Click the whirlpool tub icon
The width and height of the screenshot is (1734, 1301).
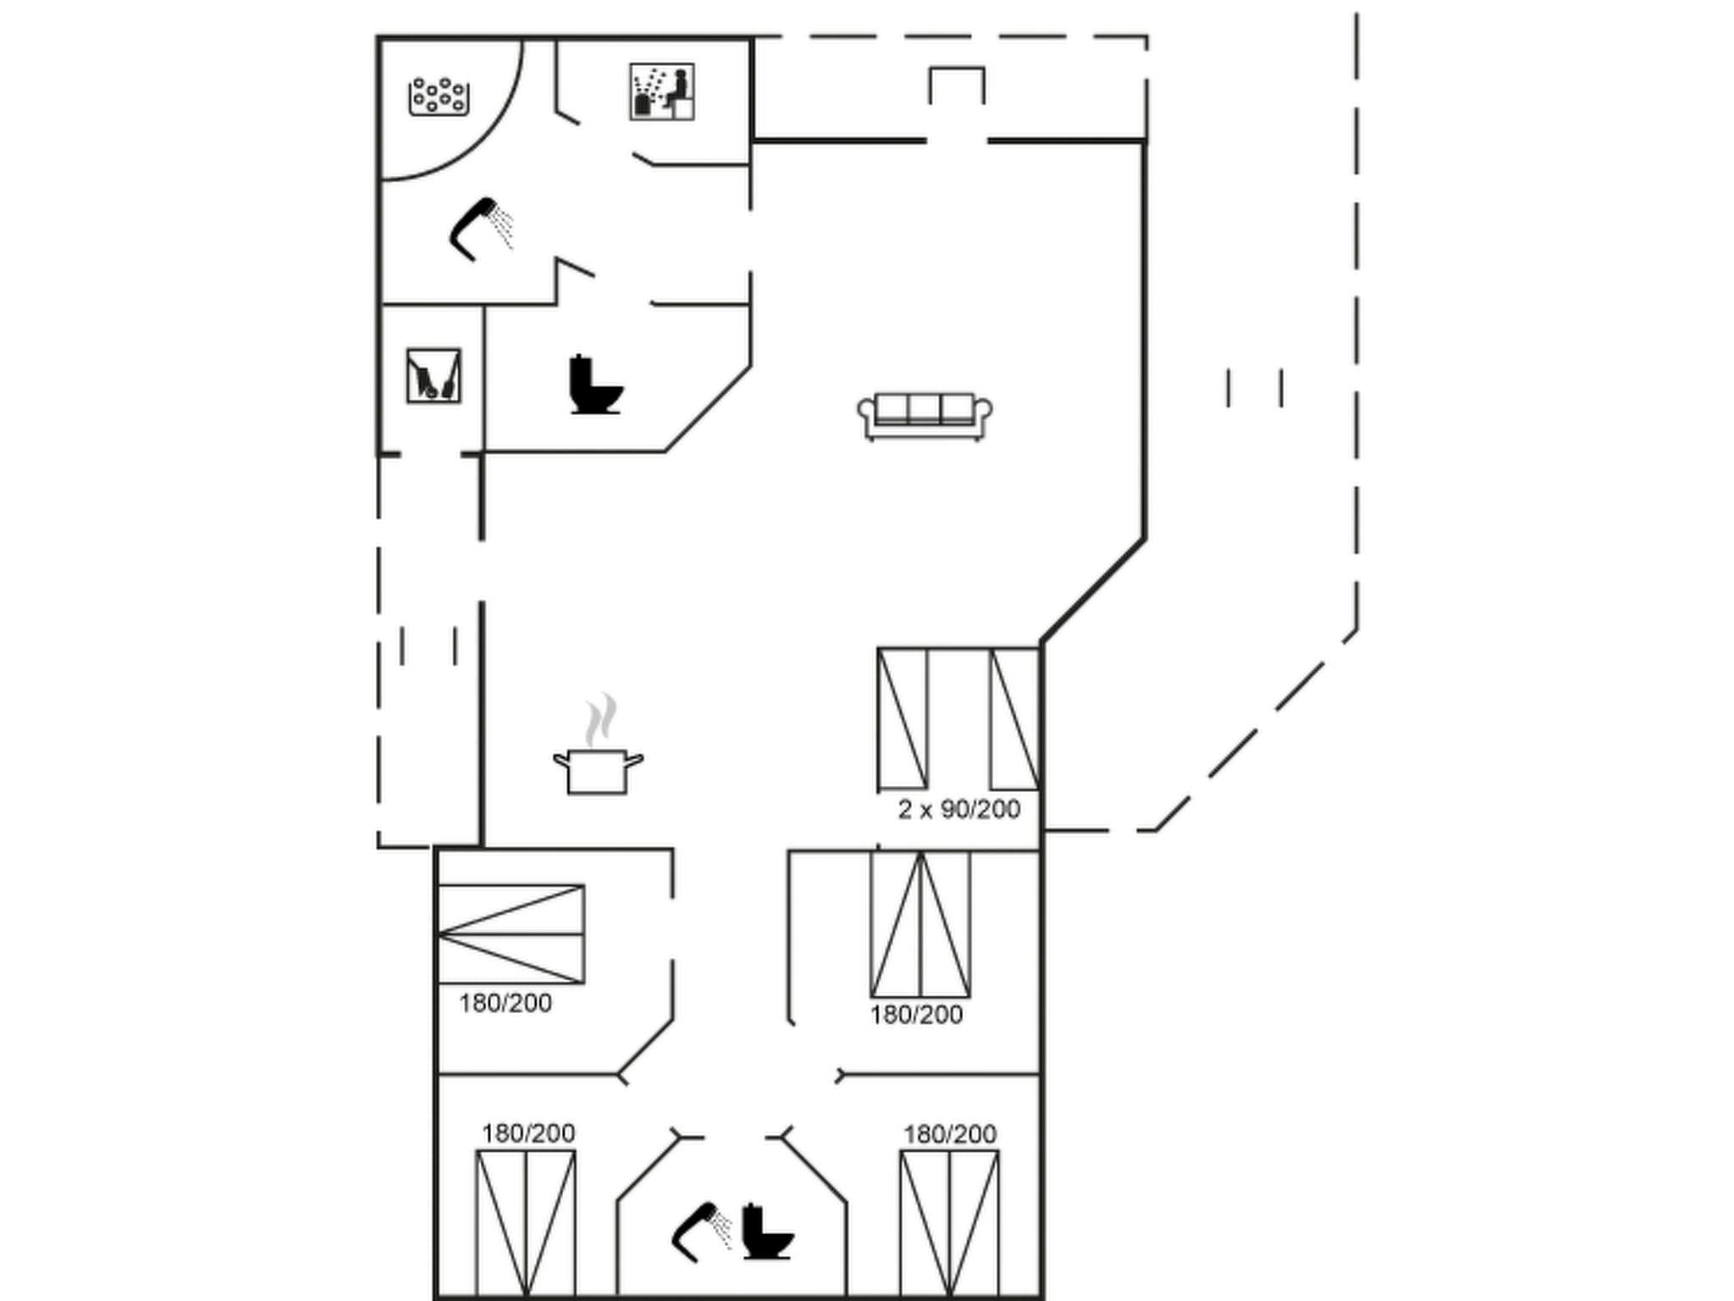tap(439, 97)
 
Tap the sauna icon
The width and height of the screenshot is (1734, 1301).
tap(662, 91)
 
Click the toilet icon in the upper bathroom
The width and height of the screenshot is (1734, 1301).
tap(595, 385)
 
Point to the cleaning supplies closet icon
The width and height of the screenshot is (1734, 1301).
tap(433, 375)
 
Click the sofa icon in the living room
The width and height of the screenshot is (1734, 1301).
tap(925, 416)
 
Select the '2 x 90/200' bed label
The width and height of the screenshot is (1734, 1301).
tap(958, 810)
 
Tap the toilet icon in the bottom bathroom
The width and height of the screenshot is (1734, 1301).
tap(767, 1232)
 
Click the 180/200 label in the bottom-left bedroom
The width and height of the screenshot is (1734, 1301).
tap(528, 1133)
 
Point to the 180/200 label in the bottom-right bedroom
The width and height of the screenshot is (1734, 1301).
tap(949, 1134)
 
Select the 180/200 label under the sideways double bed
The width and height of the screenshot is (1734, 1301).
tap(505, 1004)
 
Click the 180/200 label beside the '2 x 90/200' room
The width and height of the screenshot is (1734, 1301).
tap(916, 1015)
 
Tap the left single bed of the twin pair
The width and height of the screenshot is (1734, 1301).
tap(903, 718)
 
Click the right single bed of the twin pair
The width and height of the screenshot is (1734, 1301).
tap(1014, 718)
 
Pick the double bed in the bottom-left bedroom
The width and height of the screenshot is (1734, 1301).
tap(526, 1223)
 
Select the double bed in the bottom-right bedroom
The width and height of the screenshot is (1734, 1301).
tap(949, 1223)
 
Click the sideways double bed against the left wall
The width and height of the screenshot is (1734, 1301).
tap(511, 934)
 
